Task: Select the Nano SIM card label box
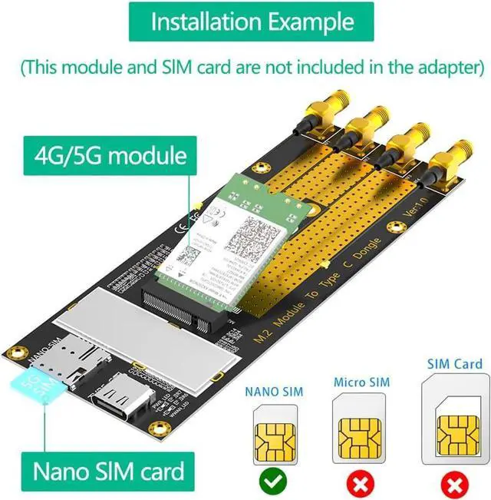(x=107, y=470)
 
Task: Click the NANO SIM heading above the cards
(x=273, y=392)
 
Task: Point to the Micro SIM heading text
(x=361, y=382)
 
